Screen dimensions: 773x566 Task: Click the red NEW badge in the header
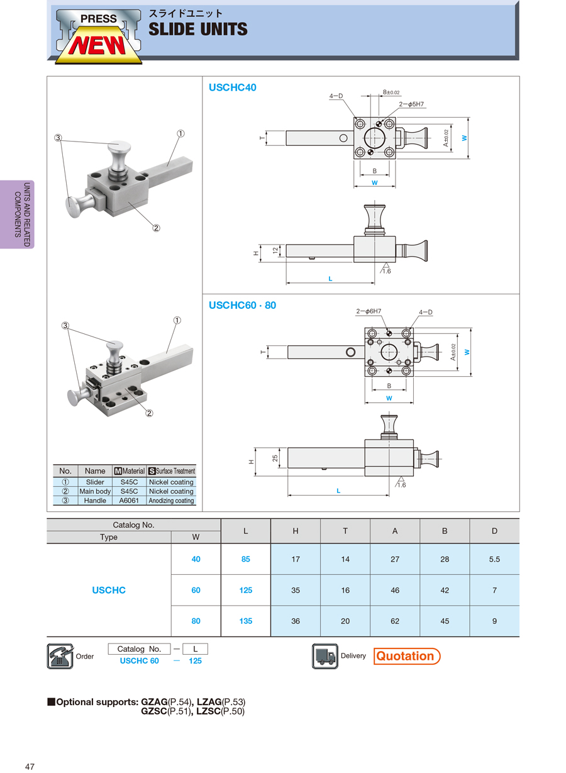click(97, 46)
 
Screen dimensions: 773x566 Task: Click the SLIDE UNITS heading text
click(198, 30)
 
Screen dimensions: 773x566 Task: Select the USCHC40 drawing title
click(233, 87)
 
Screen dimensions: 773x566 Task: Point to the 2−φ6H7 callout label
click(369, 311)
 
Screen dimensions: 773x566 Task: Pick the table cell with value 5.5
click(494, 559)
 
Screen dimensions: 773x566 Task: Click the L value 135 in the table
click(245, 621)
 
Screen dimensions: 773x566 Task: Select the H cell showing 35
click(296, 590)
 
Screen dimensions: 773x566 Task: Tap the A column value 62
click(395, 621)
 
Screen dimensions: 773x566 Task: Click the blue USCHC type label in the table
click(109, 590)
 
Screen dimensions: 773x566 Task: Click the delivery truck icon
click(325, 656)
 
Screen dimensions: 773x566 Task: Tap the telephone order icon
click(60, 656)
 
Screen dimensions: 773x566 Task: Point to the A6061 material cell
click(129, 501)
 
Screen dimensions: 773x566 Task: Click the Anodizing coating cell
click(171, 501)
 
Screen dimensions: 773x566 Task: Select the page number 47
click(30, 766)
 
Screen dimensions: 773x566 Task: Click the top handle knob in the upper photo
click(119, 150)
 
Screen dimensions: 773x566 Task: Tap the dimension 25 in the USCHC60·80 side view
click(275, 458)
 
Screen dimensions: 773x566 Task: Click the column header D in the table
click(494, 531)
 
